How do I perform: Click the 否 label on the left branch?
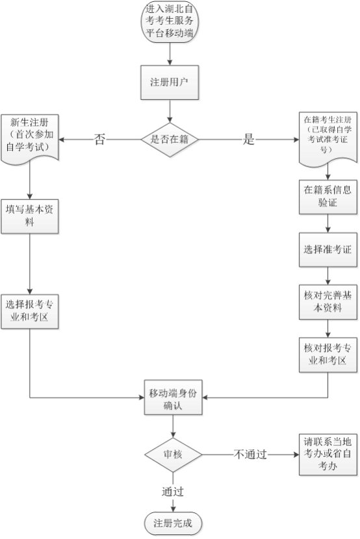[99, 140]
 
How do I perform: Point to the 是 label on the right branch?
[248, 140]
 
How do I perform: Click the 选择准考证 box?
[328, 249]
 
